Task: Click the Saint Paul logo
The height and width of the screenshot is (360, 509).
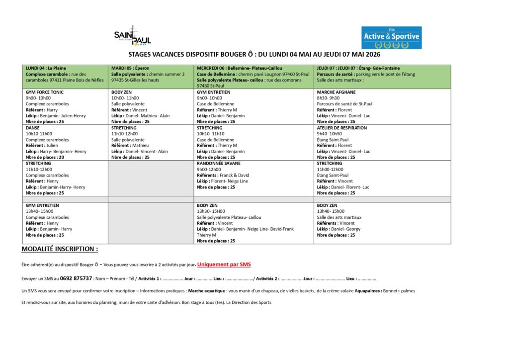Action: coord(132,36)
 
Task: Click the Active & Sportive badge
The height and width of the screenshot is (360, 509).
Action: coord(391,37)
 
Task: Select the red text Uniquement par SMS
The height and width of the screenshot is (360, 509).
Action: coord(227,265)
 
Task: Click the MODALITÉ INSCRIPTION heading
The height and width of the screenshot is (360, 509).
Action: coord(60,249)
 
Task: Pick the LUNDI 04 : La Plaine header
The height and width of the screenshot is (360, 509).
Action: coord(46,68)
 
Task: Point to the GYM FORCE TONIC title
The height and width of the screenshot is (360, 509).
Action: coord(45,92)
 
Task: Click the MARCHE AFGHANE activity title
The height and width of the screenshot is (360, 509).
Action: coord(336,92)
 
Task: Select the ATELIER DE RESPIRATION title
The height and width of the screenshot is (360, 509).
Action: coord(342,128)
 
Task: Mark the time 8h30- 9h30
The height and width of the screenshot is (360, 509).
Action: coord(328,98)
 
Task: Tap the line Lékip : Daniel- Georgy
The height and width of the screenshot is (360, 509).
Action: coord(339,229)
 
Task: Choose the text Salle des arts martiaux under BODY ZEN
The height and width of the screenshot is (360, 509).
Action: coord(339,217)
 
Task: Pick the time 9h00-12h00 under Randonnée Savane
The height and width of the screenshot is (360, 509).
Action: coord(209,169)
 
